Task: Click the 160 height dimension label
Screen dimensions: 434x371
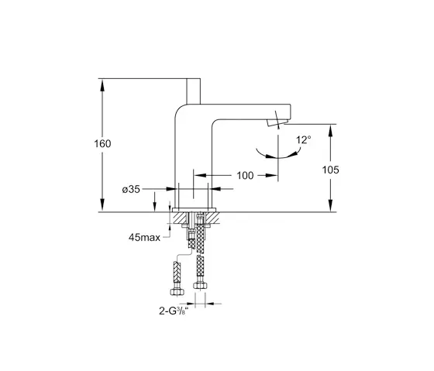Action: click(x=102, y=143)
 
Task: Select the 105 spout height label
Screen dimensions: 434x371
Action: click(x=330, y=170)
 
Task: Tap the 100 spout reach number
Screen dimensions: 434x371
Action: click(x=245, y=175)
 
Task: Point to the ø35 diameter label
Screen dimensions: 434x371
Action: click(x=131, y=189)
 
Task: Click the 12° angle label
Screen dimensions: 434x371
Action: click(x=304, y=140)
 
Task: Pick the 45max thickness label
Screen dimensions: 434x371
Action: click(x=144, y=237)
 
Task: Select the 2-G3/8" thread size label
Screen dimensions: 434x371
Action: click(x=174, y=311)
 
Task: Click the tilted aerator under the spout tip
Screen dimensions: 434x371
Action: click(x=277, y=122)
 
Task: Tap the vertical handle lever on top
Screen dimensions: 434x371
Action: click(x=193, y=91)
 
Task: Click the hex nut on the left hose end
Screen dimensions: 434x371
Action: click(x=177, y=291)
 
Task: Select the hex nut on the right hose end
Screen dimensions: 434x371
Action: click(x=198, y=285)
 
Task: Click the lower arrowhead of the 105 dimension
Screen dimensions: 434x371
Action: click(x=330, y=206)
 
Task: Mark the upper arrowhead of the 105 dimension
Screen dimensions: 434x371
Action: click(x=330, y=130)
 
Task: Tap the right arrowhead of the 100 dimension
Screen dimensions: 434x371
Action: click(x=272, y=175)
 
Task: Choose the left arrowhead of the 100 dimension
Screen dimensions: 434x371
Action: click(x=200, y=175)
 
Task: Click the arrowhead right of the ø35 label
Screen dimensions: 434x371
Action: click(x=170, y=189)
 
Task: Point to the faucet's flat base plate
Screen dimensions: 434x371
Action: click(x=194, y=210)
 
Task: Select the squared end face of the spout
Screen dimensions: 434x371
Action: click(x=290, y=112)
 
